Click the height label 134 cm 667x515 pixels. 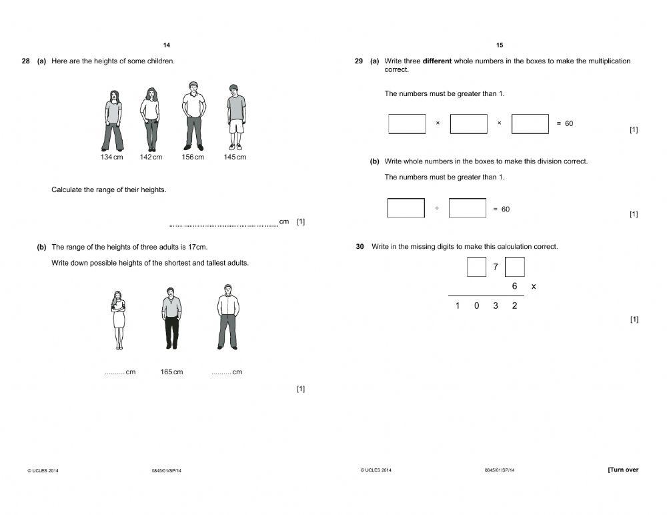point(111,157)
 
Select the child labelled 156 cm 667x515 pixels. point(193,116)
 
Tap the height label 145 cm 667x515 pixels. point(235,157)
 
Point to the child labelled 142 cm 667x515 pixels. point(151,119)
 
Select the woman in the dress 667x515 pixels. point(119,320)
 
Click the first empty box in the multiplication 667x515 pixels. point(407,123)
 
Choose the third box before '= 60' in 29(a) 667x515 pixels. point(530,123)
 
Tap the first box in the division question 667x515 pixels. point(406,208)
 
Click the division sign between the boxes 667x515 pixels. point(437,209)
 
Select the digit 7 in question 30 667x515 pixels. point(496,268)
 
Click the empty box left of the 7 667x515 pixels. point(476,267)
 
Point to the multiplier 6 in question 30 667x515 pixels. point(514,286)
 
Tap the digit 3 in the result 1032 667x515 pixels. point(496,306)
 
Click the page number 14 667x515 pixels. point(167,45)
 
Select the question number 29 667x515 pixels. point(359,61)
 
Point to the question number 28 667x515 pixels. point(25,61)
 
